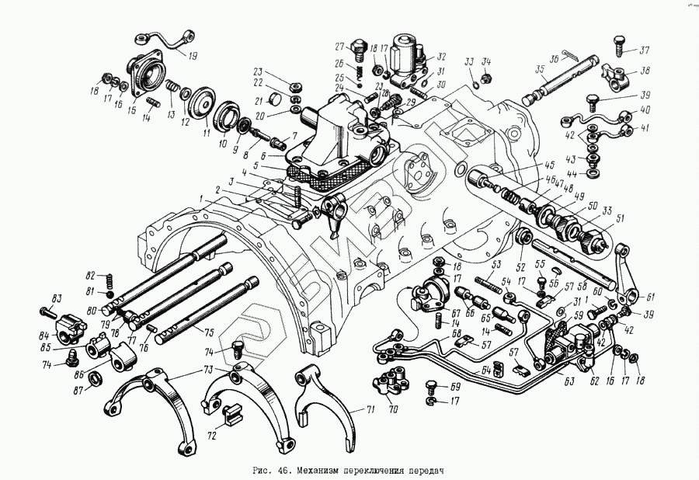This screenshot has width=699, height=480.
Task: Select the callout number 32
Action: point(441,56)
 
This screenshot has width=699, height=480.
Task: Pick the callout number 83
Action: point(56,299)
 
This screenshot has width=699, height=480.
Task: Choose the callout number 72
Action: point(210,437)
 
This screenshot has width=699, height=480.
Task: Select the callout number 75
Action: point(209,332)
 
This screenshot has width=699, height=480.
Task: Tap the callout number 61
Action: point(650,296)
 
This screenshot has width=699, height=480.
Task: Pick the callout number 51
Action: point(620,219)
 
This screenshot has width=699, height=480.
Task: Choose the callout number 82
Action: point(91,276)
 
